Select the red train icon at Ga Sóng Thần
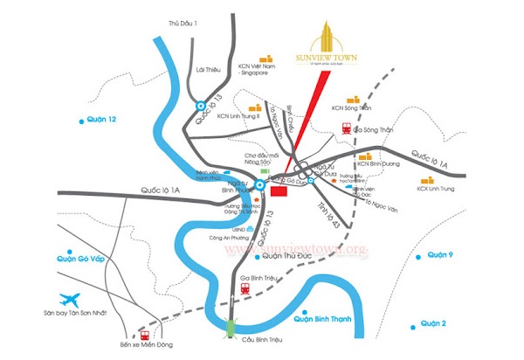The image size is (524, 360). point(347,128)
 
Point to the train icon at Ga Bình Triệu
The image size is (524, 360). point(245,286)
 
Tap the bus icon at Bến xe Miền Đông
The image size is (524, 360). point(143,334)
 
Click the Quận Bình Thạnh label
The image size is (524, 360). point(325,320)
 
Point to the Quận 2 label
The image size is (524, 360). point(433,323)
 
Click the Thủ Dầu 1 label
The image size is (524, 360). point(183,23)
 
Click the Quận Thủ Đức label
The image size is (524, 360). point(285,257)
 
